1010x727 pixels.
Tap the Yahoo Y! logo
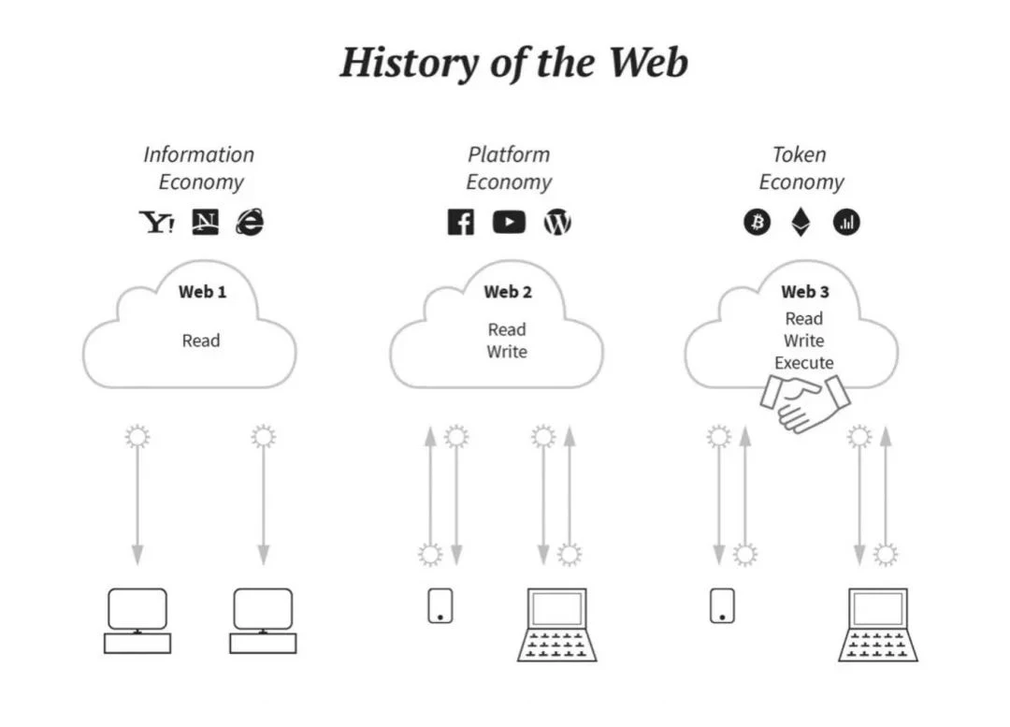156,222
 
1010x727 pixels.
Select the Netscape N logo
204,222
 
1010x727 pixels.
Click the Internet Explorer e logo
250,222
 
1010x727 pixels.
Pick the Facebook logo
460,223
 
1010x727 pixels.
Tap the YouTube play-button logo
509,223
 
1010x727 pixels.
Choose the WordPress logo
557,223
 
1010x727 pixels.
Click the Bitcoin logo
757,223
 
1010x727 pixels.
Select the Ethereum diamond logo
801,222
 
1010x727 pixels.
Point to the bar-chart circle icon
846,223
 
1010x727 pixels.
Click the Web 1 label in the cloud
202,292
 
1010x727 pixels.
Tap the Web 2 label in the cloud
508,292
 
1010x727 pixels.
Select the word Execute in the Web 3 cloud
804,363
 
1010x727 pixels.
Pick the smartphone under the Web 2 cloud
440,605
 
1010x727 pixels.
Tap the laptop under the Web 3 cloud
877,624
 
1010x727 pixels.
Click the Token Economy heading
801,168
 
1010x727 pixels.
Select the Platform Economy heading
509,168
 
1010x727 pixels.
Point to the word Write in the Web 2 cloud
507,352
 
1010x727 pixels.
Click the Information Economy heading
199,168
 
